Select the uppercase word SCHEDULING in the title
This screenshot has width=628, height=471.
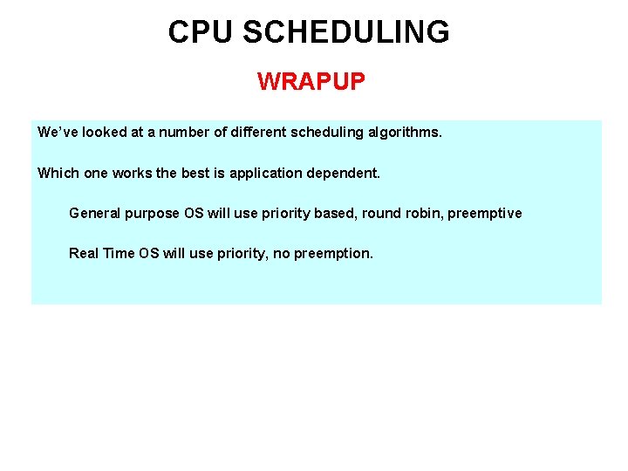coord(346,32)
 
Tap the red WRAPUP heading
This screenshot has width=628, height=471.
coord(311,83)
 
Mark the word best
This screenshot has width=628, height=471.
coord(197,173)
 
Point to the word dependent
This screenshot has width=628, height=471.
coord(345,173)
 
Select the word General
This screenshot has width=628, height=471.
coord(93,213)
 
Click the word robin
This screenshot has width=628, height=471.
coord(423,213)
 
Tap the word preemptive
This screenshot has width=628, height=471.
coord(485,214)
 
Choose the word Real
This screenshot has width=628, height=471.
coord(84,253)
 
